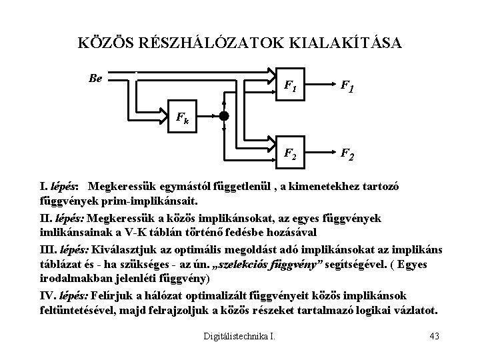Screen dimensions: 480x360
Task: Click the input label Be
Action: pyautogui.click(x=95, y=78)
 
